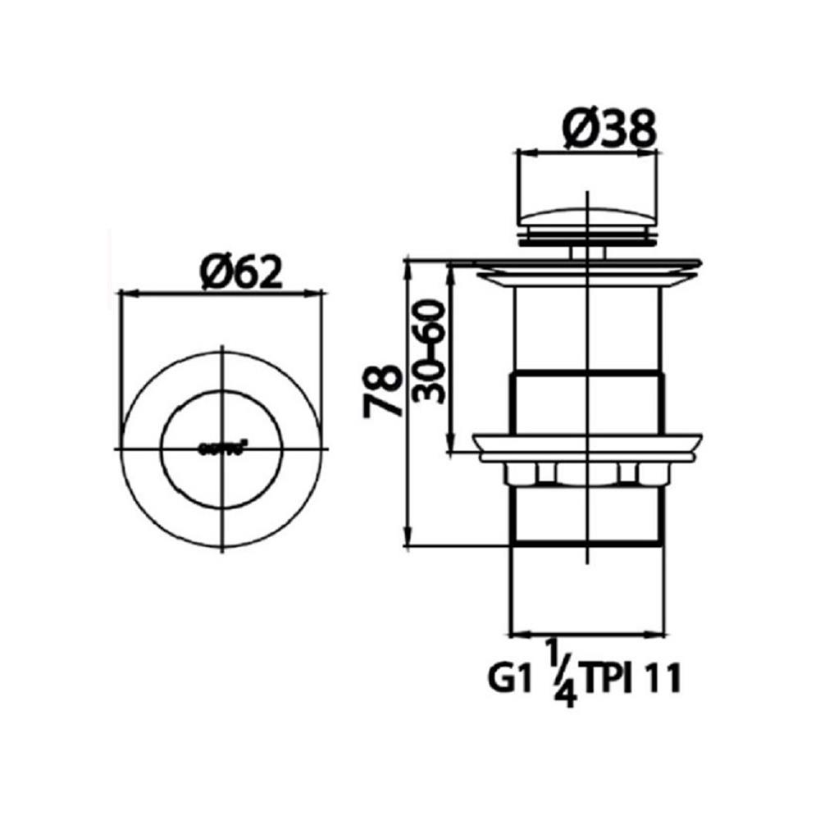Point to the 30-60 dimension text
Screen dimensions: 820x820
pyautogui.click(x=429, y=350)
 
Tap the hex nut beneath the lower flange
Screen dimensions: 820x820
pyautogui.click(x=588, y=473)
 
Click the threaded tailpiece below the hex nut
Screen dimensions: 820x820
pyautogui.click(x=588, y=517)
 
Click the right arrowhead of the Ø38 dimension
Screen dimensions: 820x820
pyautogui.click(x=653, y=151)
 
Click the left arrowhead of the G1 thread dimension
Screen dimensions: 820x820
pyautogui.click(x=516, y=634)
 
